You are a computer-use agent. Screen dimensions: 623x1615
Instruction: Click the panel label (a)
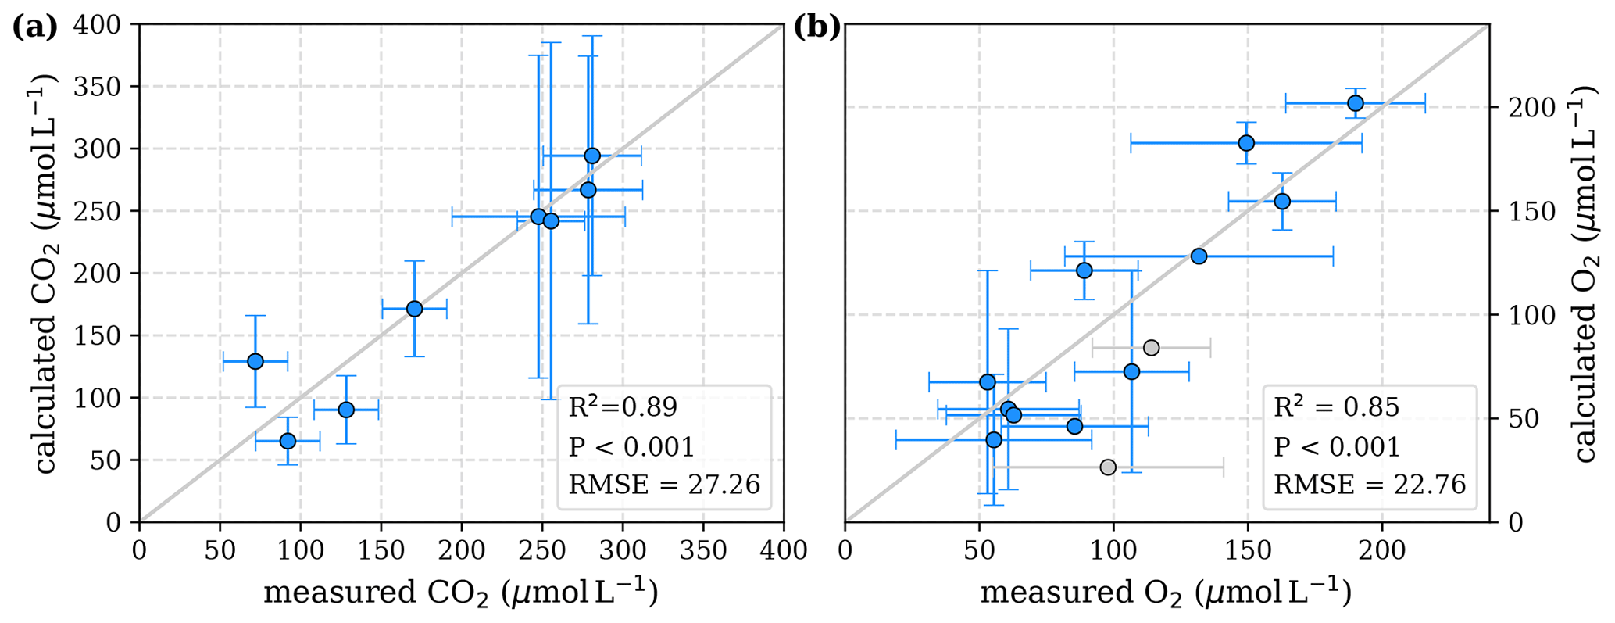pos(35,28)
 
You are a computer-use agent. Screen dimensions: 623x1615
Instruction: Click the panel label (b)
pos(817,28)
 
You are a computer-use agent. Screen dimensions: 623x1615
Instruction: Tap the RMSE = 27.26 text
pos(664,485)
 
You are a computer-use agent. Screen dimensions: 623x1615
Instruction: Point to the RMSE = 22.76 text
pos(1370,485)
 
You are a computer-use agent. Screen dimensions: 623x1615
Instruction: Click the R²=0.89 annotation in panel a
pos(623,407)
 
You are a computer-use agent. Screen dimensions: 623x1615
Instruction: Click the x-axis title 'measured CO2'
pos(460,593)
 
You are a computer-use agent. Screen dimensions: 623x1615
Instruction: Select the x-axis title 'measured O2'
pos(1166,593)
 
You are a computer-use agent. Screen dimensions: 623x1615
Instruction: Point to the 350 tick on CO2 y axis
pos(102,87)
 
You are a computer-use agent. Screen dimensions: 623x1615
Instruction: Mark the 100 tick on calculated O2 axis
pos(1520,315)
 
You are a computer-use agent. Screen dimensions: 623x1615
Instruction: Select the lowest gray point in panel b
pos(1108,467)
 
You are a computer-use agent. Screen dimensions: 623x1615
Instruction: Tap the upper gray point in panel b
pos(1151,348)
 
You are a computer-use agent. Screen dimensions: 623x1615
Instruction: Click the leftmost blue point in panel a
pos(255,361)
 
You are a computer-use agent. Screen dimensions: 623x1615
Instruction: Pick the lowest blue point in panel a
pos(288,441)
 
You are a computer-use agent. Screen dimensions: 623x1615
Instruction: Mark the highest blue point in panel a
pos(592,156)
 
